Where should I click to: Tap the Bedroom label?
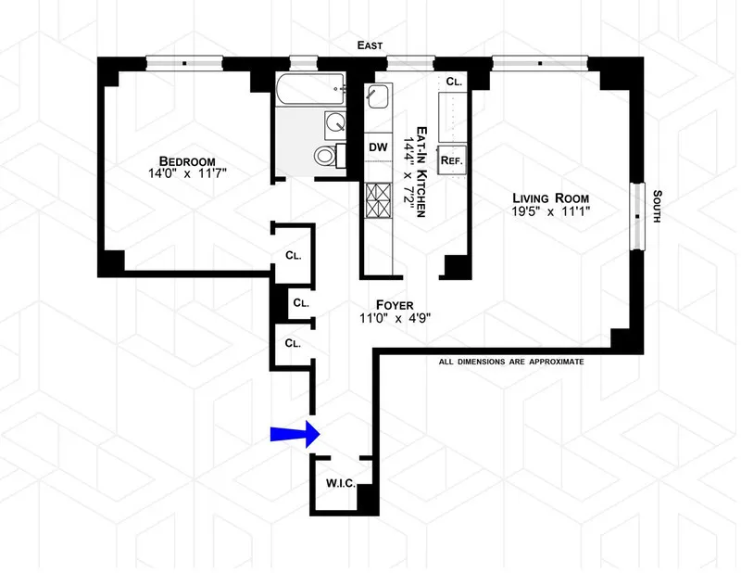[166, 157]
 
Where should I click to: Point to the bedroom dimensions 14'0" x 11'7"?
[166, 172]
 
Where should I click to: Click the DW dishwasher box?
[378, 146]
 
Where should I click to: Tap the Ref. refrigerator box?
[451, 159]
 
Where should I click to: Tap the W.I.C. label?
[337, 483]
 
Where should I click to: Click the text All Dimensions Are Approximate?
[511, 362]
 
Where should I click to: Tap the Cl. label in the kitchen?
[454, 82]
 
